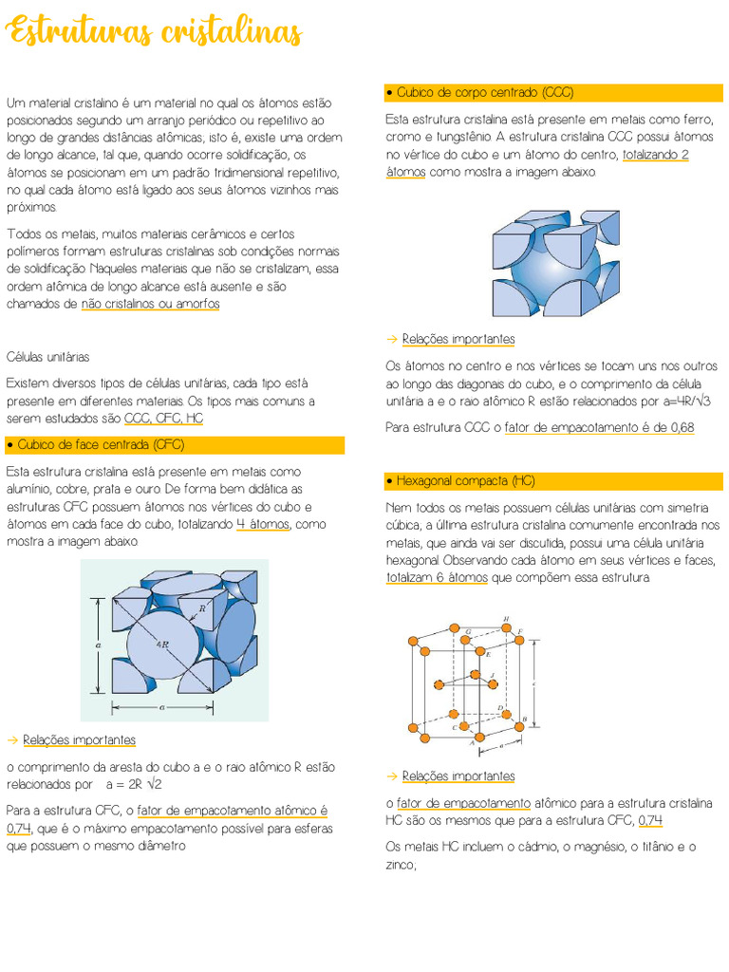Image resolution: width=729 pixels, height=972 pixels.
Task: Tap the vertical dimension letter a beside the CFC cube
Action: pos(99,644)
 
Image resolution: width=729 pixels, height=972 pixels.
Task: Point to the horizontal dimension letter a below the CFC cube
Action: pos(163,707)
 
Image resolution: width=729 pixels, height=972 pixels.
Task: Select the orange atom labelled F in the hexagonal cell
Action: pos(520,641)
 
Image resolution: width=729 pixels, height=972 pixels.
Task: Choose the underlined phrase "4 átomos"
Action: pos(263,524)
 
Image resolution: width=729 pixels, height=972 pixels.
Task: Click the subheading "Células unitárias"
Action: pos(48,357)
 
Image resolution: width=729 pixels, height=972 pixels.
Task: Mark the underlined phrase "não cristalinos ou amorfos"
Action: pos(151,304)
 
